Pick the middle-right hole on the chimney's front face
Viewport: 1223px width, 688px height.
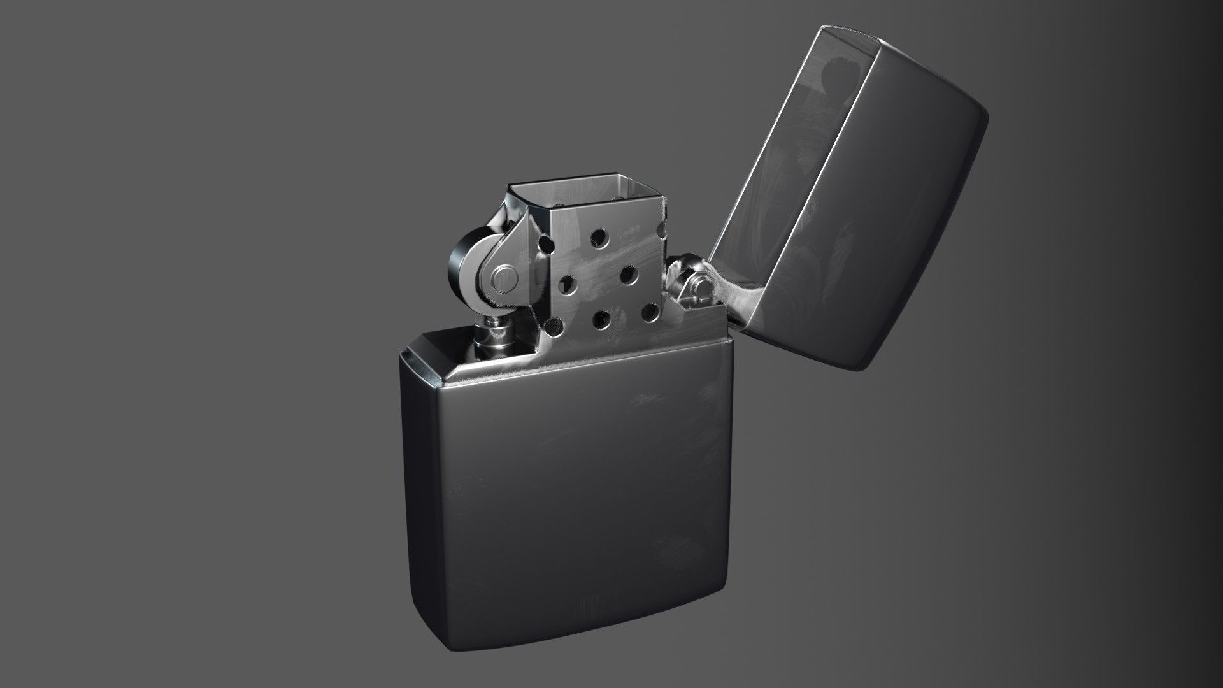(x=627, y=275)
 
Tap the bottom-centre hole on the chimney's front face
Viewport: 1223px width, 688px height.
(x=599, y=317)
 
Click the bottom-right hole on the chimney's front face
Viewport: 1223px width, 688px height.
(x=649, y=311)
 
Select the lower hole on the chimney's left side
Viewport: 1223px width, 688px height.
(x=552, y=326)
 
